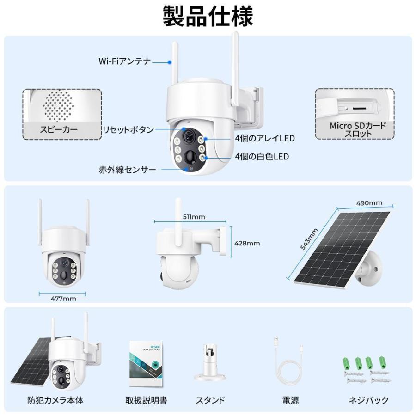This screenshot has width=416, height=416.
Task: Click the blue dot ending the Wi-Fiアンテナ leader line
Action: (170, 62)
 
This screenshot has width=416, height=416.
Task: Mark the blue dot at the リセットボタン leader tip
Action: (184, 129)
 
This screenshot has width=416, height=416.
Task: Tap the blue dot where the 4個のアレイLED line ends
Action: (206, 139)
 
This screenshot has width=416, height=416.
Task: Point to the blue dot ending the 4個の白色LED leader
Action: (206, 158)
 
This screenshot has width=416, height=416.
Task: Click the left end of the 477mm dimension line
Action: (40, 294)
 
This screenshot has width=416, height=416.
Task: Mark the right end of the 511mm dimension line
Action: (226, 221)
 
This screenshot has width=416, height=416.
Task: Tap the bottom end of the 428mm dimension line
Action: (231, 257)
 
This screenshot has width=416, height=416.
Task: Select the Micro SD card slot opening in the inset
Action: (360, 108)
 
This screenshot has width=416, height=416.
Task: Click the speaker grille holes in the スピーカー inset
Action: (58, 105)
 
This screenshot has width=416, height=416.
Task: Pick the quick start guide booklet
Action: (146, 364)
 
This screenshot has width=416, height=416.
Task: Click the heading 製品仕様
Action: (208, 17)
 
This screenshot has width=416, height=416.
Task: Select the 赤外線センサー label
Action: (128, 170)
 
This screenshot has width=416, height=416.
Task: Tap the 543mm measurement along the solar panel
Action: (309, 239)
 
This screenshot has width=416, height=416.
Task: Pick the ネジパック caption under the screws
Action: (368, 400)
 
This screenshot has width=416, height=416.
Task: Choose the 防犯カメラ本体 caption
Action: (55, 400)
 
